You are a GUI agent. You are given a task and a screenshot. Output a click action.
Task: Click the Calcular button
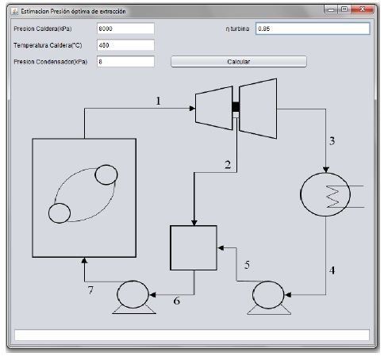click(239, 62)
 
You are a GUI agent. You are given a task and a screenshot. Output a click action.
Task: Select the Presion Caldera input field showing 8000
click(125, 29)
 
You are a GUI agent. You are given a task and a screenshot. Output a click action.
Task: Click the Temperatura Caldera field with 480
click(125, 45)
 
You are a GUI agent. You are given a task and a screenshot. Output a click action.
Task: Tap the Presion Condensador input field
click(125, 62)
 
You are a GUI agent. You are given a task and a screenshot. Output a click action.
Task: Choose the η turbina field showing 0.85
click(313, 29)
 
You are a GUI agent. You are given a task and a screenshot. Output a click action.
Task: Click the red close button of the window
click(363, 10)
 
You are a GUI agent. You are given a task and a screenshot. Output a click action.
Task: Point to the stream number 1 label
click(158, 101)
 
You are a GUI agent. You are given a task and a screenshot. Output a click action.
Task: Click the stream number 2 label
click(228, 165)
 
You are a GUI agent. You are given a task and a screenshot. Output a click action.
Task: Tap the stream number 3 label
click(332, 141)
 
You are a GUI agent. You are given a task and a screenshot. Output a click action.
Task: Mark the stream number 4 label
click(332, 270)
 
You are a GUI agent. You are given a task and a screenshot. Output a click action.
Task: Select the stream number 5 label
click(247, 265)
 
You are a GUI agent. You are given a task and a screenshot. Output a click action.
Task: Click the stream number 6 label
click(176, 301)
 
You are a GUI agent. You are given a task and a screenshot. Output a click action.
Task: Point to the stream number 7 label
click(90, 290)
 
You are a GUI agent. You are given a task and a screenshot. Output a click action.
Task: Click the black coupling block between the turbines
click(236, 107)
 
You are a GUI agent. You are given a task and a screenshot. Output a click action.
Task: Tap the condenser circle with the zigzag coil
click(325, 194)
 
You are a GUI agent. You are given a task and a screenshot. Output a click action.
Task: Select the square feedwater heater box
click(194, 248)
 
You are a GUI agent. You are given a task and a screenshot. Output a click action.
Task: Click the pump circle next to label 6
click(133, 294)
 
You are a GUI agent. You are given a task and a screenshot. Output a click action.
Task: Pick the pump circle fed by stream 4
click(268, 295)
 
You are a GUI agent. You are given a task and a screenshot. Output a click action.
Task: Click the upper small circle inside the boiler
click(106, 174)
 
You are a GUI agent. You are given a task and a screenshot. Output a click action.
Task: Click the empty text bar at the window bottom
click(192, 335)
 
